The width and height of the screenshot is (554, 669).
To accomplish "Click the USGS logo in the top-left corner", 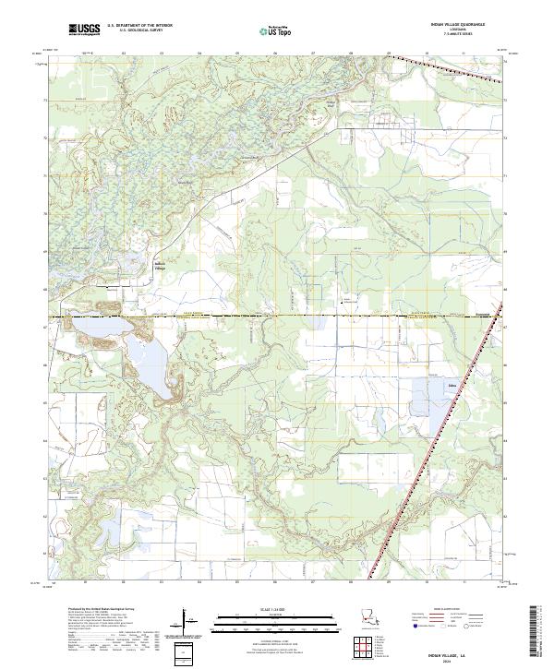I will coord(84,30).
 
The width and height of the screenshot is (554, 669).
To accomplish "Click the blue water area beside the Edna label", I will coord(432,392).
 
